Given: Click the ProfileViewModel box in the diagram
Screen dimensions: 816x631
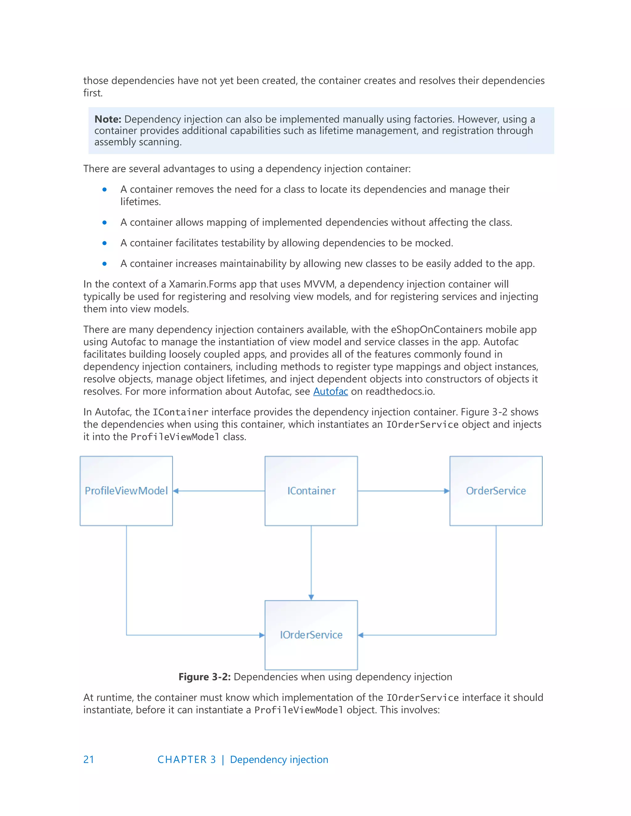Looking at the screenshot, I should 126,491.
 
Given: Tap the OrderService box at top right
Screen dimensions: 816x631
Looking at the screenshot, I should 496,491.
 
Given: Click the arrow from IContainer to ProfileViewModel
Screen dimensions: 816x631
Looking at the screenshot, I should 219,491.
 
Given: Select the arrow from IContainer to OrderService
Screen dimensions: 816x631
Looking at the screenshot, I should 404,491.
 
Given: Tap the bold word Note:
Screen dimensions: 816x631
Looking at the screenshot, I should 108,119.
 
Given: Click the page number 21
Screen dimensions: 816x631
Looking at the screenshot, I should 89,760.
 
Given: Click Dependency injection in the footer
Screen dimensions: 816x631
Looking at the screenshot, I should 279,760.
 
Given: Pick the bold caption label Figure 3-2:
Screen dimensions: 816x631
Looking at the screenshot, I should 205,677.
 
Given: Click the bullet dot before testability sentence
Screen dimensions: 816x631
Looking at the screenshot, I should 105,243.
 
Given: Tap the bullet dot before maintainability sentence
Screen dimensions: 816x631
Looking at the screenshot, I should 105,264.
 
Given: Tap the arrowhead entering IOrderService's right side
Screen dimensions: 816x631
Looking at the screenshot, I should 361,635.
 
